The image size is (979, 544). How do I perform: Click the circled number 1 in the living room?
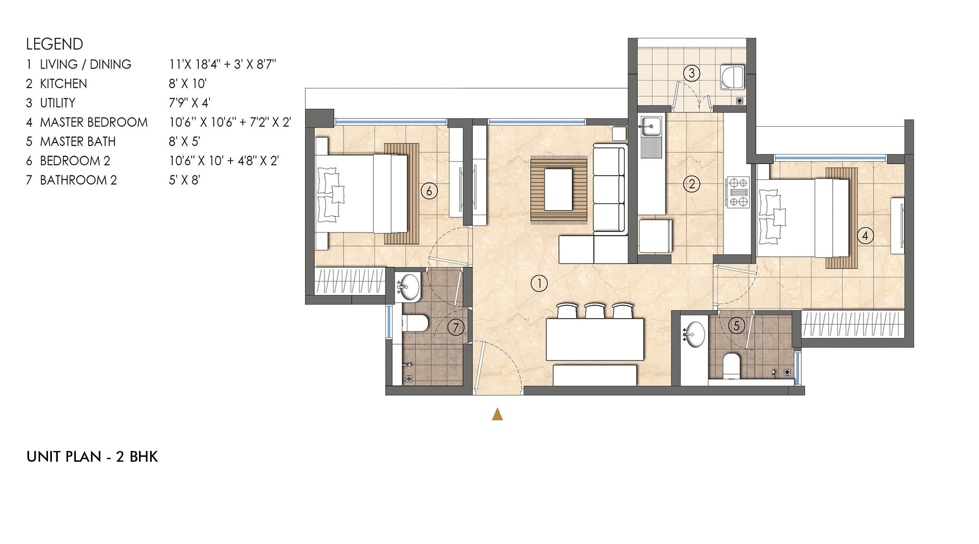[539, 283]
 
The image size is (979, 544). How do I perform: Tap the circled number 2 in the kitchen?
[692, 184]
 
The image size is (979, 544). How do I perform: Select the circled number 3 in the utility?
[692, 73]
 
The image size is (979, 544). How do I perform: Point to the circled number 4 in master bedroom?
[865, 236]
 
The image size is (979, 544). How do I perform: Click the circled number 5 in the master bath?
[736, 326]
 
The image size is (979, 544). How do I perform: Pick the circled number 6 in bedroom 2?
[429, 190]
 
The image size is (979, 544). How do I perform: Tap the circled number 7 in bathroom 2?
[456, 327]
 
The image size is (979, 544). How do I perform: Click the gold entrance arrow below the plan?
[497, 415]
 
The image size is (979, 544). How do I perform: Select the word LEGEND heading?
[54, 44]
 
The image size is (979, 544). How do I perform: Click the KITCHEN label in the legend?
[63, 84]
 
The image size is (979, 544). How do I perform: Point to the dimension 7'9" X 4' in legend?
[189, 103]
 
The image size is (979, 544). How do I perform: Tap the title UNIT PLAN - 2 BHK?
[92, 457]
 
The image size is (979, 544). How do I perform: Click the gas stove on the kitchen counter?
[738, 192]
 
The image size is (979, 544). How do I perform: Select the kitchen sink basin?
[650, 126]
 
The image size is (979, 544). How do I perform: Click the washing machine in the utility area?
[732, 77]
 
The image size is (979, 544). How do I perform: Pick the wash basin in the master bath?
[694, 334]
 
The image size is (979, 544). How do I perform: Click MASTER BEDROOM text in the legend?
[93, 122]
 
